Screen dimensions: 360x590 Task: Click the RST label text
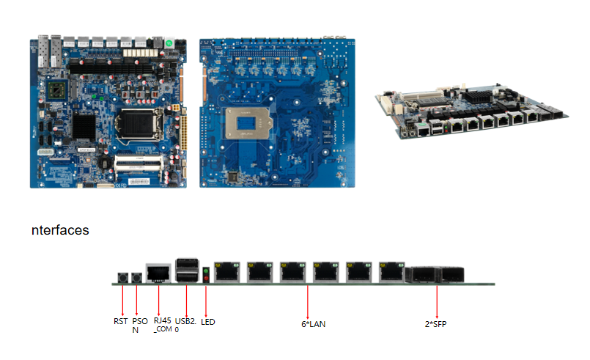pyautogui.click(x=120, y=321)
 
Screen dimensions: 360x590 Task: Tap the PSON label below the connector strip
pyautogui.click(x=139, y=325)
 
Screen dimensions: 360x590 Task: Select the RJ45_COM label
pyautogui.click(x=162, y=324)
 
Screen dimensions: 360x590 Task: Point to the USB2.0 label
pyautogui.click(x=187, y=324)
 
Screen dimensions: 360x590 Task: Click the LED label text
pyautogui.click(x=207, y=321)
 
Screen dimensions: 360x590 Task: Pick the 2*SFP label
pyautogui.click(x=437, y=323)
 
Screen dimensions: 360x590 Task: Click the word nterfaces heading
pyautogui.click(x=60, y=230)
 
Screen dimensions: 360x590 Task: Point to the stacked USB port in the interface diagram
pyautogui.click(x=186, y=271)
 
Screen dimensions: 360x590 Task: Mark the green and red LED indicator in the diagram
pyautogui.click(x=206, y=274)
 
